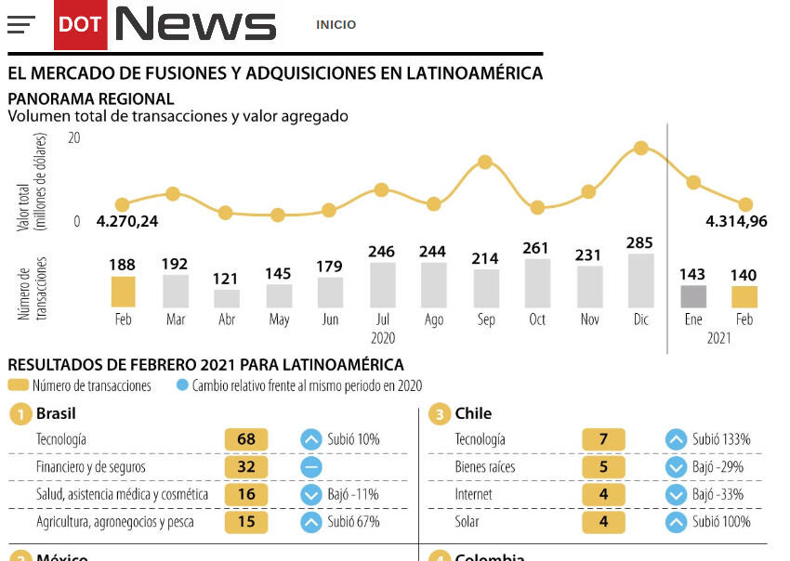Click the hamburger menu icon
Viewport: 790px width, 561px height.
pos(20,25)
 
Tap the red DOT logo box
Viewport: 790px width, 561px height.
pos(80,25)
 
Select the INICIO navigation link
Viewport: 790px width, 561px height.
pos(336,25)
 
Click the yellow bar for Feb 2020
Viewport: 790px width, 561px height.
pos(123,292)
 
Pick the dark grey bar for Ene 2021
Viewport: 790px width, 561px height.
pos(692,296)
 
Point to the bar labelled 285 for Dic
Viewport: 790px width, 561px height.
pos(639,280)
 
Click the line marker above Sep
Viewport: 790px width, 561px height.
pos(484,162)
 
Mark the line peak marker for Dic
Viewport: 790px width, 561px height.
pos(640,148)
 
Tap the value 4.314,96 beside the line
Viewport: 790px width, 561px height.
pos(736,221)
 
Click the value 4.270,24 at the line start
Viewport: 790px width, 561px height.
pos(127,221)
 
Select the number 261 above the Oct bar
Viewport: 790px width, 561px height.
pos(535,248)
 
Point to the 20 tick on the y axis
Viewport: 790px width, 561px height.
pos(74,137)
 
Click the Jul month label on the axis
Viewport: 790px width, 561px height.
pos(382,320)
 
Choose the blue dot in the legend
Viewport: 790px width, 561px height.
pos(182,385)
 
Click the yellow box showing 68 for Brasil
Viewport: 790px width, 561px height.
pos(245,439)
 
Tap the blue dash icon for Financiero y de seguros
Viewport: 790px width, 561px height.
pos(311,467)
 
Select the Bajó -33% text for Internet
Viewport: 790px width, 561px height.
pos(718,495)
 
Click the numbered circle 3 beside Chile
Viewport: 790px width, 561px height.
pos(439,414)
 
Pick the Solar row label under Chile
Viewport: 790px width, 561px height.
pos(467,522)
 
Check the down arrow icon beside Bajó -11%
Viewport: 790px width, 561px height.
pos(311,495)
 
